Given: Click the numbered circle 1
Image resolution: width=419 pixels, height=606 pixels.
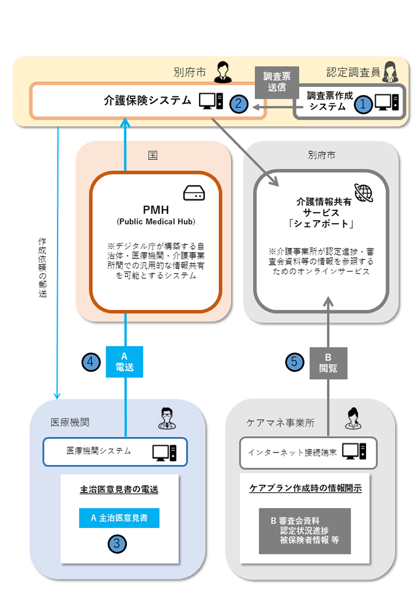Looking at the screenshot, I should click(363, 104).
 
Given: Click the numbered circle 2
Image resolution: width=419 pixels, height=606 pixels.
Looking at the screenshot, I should click(238, 103).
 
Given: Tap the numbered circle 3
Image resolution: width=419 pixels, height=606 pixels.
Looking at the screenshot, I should click(117, 543).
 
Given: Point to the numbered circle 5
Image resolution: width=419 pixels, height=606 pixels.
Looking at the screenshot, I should click(294, 362).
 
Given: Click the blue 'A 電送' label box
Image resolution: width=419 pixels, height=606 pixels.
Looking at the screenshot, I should click(124, 362).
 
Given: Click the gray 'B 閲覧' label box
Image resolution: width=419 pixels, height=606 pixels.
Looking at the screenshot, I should click(328, 362).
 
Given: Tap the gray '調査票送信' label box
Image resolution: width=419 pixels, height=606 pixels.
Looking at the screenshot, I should click(277, 82).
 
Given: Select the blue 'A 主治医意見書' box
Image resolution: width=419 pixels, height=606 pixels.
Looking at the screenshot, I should click(119, 518).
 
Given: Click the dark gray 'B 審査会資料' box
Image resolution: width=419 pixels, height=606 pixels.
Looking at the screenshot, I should click(305, 531).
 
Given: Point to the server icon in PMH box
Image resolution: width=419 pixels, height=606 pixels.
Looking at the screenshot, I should click(194, 193).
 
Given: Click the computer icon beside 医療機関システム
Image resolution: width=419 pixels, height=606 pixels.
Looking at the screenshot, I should click(164, 451).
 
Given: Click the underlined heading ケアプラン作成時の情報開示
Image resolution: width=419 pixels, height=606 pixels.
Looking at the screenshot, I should click(305, 488).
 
